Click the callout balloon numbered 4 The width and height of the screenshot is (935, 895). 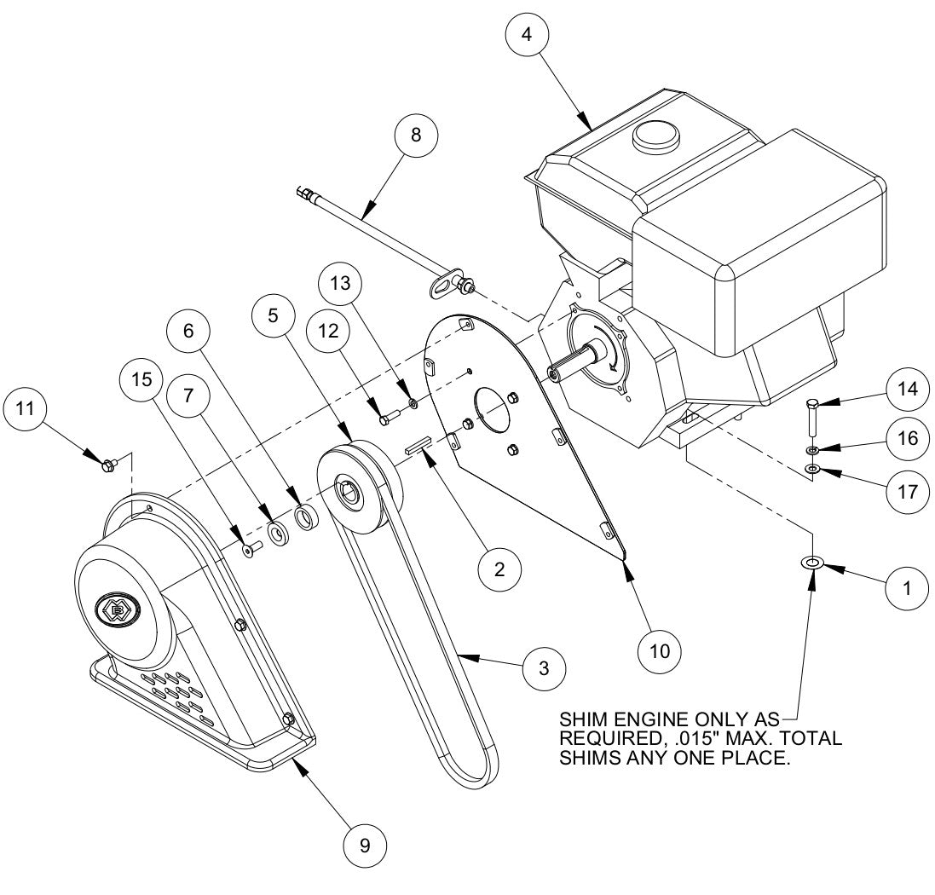pyautogui.click(x=527, y=35)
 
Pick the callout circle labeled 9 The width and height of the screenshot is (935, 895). pyautogui.click(x=365, y=845)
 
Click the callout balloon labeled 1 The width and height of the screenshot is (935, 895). pyautogui.click(x=907, y=587)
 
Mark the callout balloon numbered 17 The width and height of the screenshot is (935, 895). pyautogui.click(x=907, y=492)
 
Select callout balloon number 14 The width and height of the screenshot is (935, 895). pyautogui.click(x=907, y=389)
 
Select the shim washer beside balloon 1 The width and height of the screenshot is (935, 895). pyautogui.click(x=811, y=563)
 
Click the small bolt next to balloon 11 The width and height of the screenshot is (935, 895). pyautogui.click(x=108, y=465)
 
